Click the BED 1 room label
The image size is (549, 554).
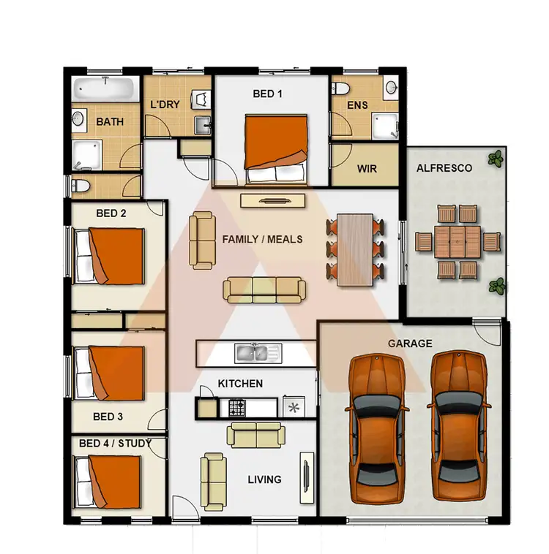[x=267, y=94]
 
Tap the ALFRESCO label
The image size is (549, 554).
[x=444, y=168]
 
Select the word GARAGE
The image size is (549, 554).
[x=410, y=344]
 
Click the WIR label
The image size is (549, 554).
[x=367, y=169]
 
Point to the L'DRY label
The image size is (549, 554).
[x=165, y=105]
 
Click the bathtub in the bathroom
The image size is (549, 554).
[x=105, y=91]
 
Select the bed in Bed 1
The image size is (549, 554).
[x=277, y=148]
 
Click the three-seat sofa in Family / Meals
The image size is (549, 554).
[x=264, y=289]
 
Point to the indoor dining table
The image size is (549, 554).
[x=356, y=249]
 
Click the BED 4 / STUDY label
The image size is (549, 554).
[x=115, y=443]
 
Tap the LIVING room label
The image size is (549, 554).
[x=264, y=479]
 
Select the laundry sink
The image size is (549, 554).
[x=201, y=125]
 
